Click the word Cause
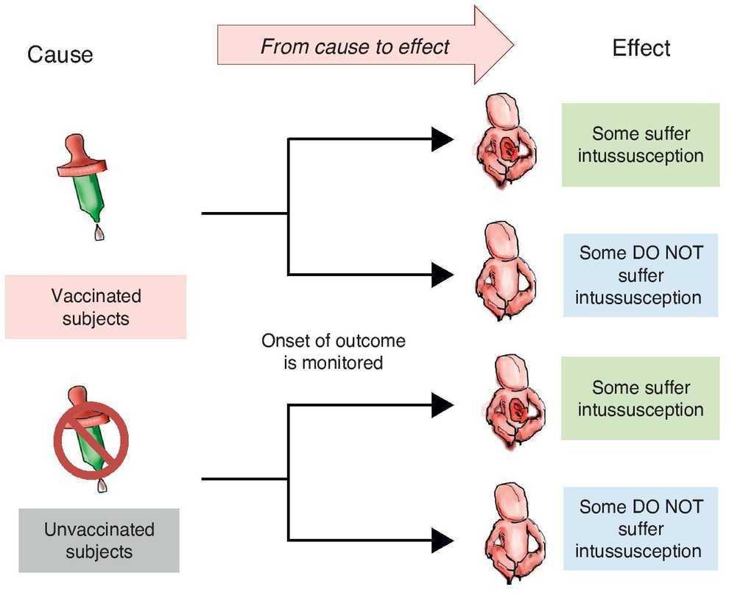(x=60, y=54)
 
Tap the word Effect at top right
(x=641, y=48)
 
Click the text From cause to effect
(x=354, y=46)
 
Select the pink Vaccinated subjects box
(x=96, y=307)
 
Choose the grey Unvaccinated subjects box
(x=99, y=541)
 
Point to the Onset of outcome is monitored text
(x=334, y=352)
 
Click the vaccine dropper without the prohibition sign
(x=82, y=186)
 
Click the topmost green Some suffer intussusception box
(x=641, y=145)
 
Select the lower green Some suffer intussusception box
(x=641, y=398)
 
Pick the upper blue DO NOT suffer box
(x=641, y=275)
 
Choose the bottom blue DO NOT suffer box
(x=641, y=529)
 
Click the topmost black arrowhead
(x=443, y=139)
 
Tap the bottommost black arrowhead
(x=443, y=541)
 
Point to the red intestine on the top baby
(x=508, y=149)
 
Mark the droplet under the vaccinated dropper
(x=99, y=233)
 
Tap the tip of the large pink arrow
(x=513, y=45)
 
